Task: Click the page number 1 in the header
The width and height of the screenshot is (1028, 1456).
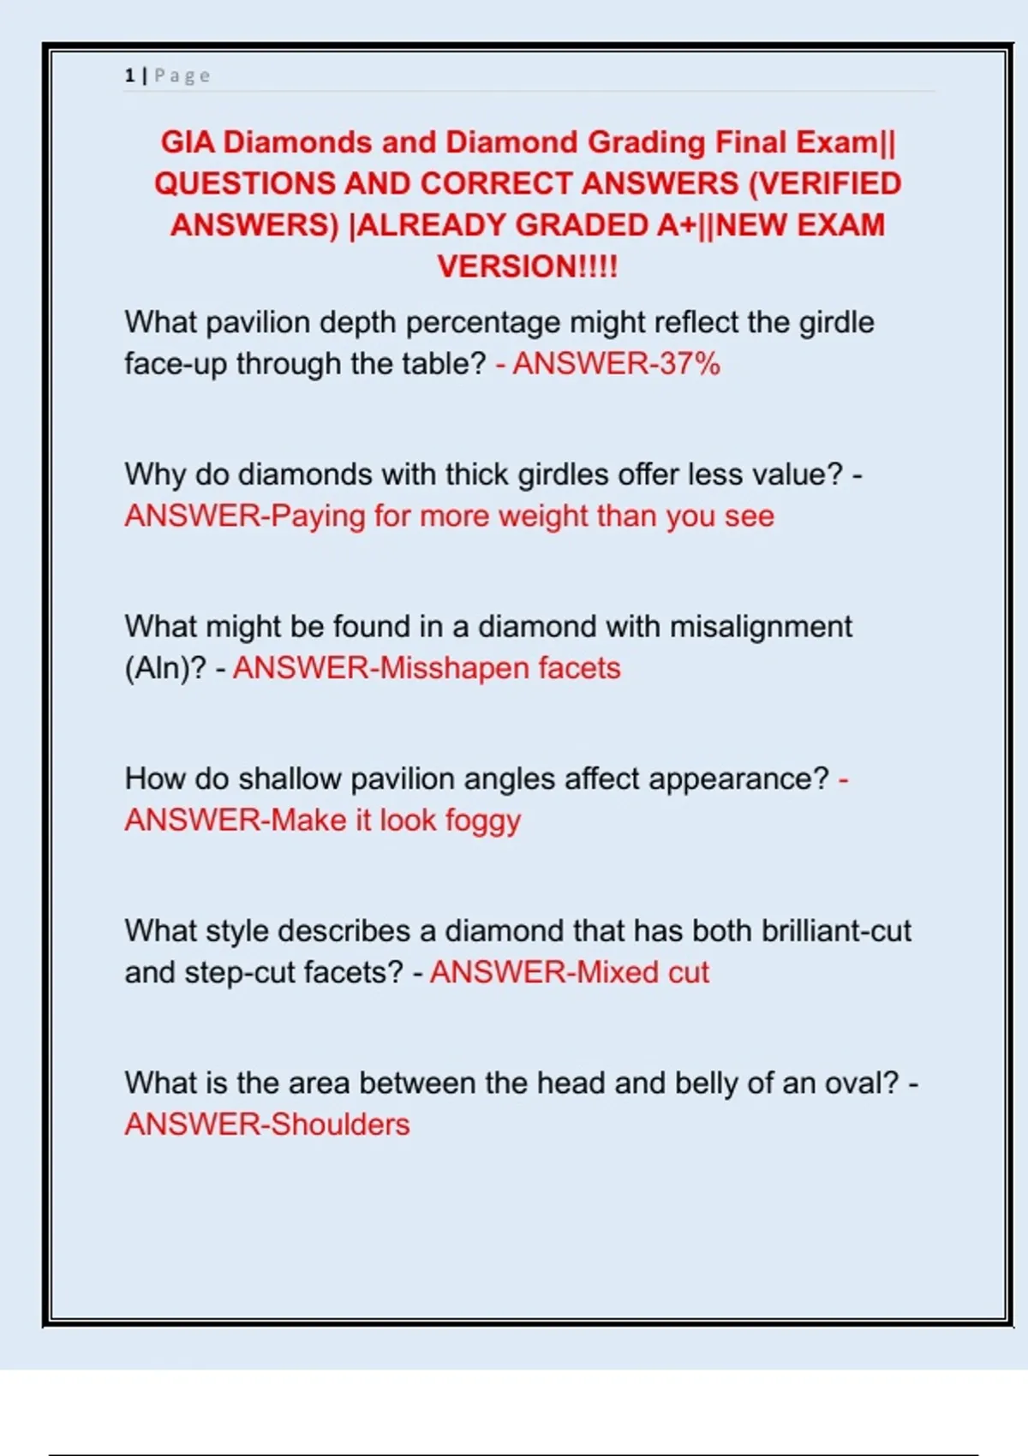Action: [129, 76]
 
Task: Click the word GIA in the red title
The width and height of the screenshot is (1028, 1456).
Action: [188, 142]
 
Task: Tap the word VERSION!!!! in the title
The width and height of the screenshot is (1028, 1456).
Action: [527, 266]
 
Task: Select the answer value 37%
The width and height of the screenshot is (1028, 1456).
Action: [690, 364]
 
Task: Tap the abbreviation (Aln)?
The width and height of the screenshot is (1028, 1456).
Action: [165, 669]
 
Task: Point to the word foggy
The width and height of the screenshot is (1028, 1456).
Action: [483, 821]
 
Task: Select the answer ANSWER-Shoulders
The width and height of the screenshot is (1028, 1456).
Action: [267, 1125]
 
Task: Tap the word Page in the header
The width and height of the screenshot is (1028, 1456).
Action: [182, 76]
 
